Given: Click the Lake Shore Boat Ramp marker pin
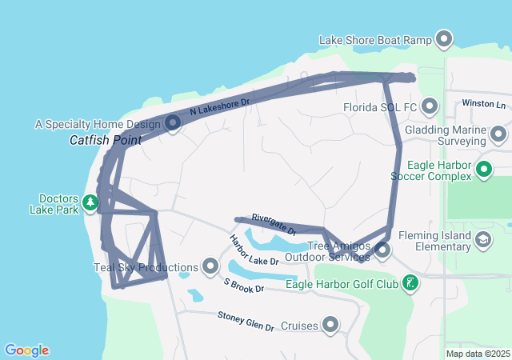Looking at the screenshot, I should click(444, 39).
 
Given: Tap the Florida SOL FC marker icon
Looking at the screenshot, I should click(430, 106).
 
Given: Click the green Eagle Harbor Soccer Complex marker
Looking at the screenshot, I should click(483, 169).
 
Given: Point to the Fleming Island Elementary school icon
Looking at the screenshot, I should click(483, 239).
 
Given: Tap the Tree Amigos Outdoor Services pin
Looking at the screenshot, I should click(382, 250).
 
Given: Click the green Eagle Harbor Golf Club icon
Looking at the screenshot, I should click(410, 282).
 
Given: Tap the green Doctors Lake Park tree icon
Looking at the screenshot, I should click(92, 202).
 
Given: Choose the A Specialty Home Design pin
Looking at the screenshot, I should click(173, 123).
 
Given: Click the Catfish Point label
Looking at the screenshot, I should click(105, 140).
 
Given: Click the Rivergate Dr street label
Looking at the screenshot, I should click(274, 223).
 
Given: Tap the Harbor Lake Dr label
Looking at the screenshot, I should click(254, 250).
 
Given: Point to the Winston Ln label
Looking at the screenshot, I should click(485, 105).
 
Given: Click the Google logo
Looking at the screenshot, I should click(26, 350).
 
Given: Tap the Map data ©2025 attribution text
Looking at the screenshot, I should click(477, 354).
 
